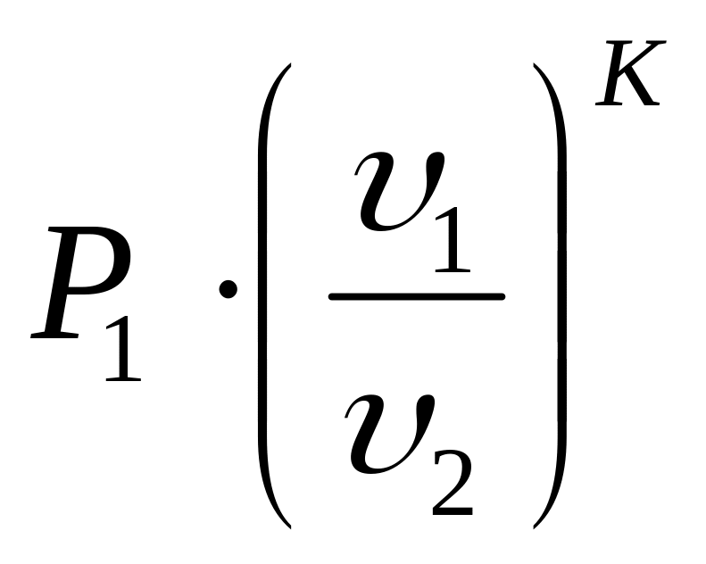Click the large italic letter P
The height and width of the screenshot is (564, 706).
click(x=85, y=284)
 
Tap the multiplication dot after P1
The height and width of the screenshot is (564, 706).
click(x=228, y=288)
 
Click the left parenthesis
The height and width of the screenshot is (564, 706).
click(x=266, y=294)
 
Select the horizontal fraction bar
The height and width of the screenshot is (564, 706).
click(x=417, y=295)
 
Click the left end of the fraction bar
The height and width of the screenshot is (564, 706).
click(x=332, y=295)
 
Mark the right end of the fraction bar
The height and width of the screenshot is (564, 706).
click(x=503, y=295)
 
